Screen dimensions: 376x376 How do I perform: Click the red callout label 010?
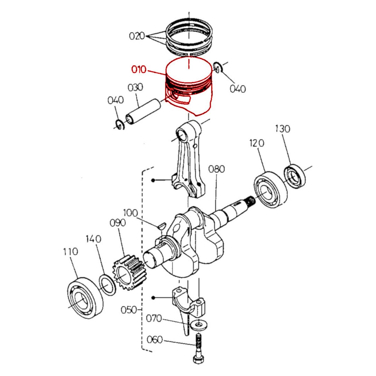138,70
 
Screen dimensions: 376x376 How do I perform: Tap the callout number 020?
137,36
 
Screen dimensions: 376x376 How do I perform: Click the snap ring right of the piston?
217,67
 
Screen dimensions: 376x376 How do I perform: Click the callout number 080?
217,169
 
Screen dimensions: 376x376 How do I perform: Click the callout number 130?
283,129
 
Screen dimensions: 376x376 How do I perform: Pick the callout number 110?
70,251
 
